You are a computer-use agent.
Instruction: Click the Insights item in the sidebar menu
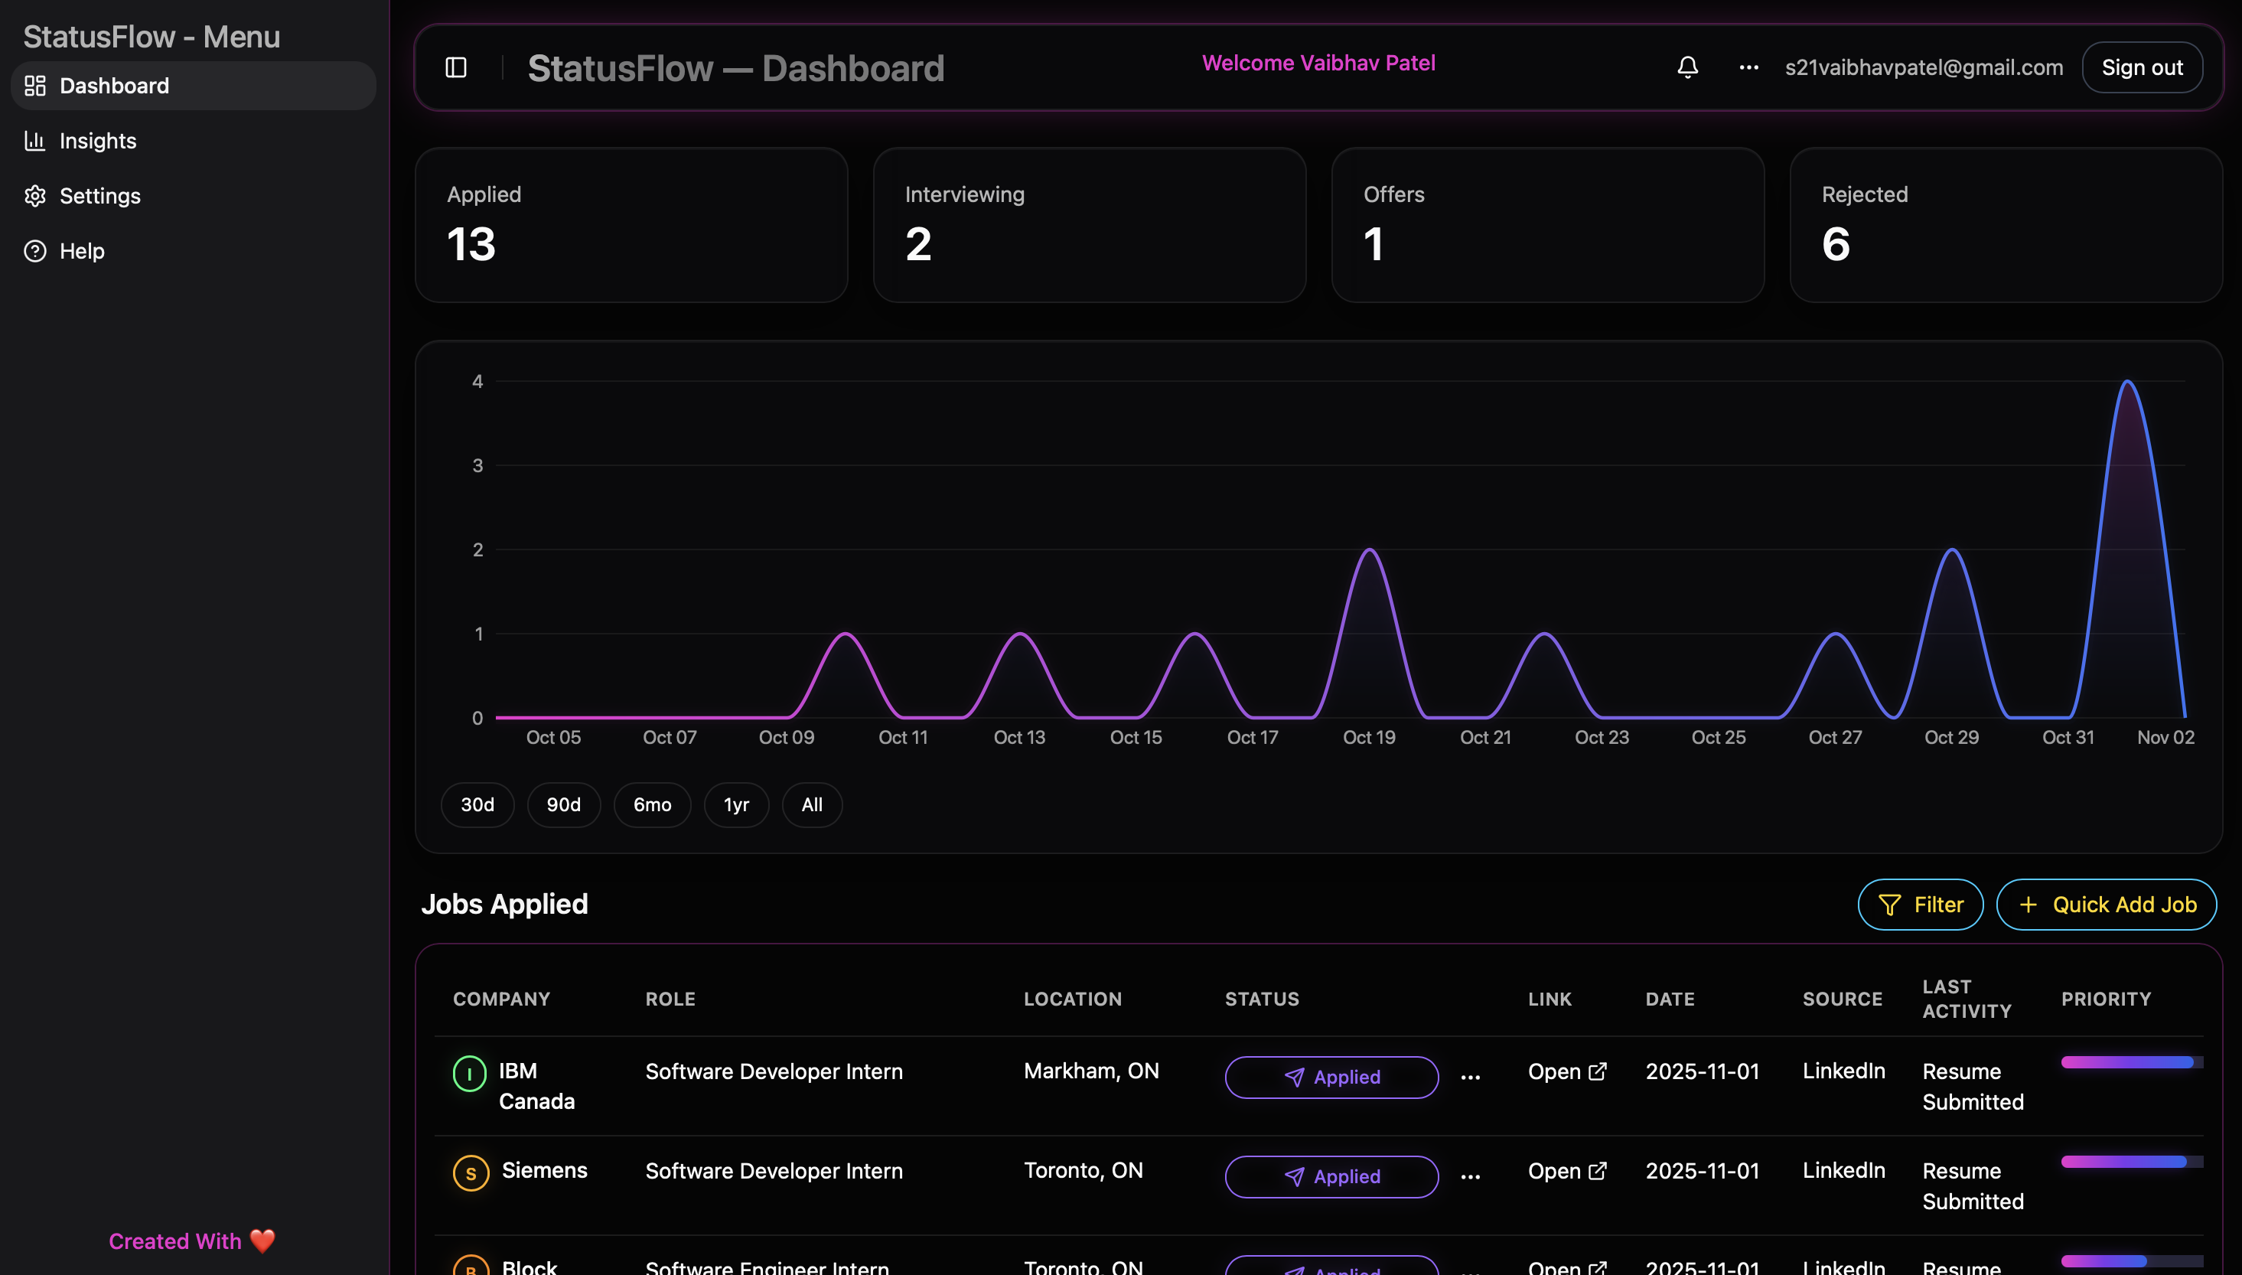pos(97,141)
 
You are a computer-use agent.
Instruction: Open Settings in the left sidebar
pos(99,196)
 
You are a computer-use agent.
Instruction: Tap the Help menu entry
pos(81,251)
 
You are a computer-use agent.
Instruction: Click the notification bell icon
pos(1687,67)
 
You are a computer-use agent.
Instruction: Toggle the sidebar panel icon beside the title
pos(456,67)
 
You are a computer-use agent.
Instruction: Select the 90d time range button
pos(563,805)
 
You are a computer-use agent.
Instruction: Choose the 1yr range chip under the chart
pos(735,805)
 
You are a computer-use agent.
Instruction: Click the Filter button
pos(1920,905)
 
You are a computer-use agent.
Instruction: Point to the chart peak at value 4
pos(2127,383)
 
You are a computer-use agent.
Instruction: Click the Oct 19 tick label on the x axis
pos(1368,737)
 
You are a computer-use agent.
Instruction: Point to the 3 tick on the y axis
pos(477,466)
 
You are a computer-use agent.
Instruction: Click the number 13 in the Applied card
pos(471,244)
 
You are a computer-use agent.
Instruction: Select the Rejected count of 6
pos(1836,244)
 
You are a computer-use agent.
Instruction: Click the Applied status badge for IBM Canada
pos(1331,1077)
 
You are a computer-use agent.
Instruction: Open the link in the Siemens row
pos(1566,1171)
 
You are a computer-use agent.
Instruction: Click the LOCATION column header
pos(1073,999)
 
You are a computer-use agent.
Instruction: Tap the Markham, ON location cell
pos(1091,1071)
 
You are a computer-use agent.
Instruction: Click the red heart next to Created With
pos(262,1241)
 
